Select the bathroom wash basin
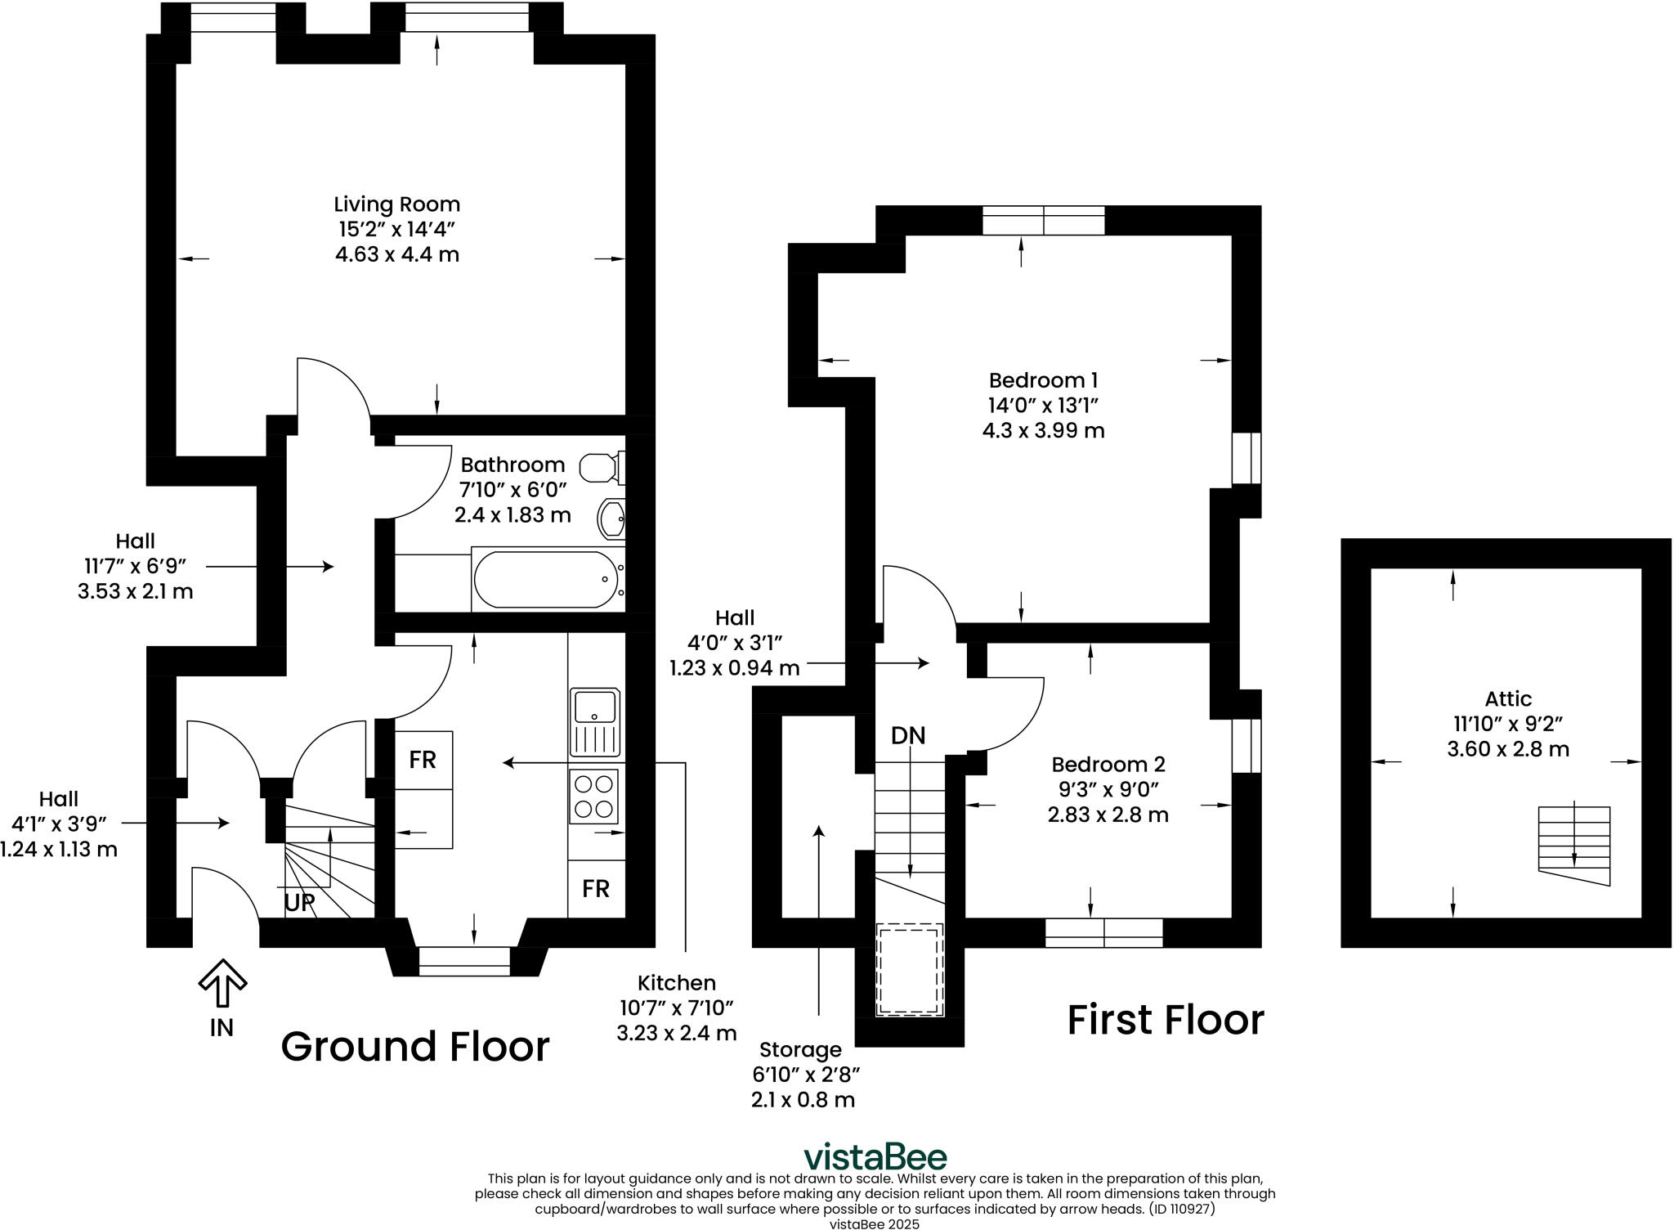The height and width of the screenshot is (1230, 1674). [612, 518]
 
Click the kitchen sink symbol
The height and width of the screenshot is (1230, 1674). [595, 722]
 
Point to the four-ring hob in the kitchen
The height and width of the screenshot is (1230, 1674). [594, 796]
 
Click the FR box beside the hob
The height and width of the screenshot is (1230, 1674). [596, 888]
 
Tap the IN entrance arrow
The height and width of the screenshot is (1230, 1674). [222, 984]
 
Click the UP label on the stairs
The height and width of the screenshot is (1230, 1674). [299, 903]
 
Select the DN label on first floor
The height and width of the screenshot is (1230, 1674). [908, 736]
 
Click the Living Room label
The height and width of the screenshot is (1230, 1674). [397, 204]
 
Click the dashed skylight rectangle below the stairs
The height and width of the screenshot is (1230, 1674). [910, 970]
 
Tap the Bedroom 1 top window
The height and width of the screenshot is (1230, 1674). [1043, 221]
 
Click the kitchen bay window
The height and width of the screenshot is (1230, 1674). [464, 961]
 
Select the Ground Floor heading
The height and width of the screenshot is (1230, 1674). [415, 1047]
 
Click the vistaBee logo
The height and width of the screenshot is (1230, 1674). [875, 1157]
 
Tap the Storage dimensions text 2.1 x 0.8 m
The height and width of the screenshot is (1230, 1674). [803, 1100]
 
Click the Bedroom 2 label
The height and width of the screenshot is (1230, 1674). [1108, 765]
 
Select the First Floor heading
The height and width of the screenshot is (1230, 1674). [1166, 1021]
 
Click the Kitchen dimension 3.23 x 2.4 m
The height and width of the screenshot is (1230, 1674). [677, 1033]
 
